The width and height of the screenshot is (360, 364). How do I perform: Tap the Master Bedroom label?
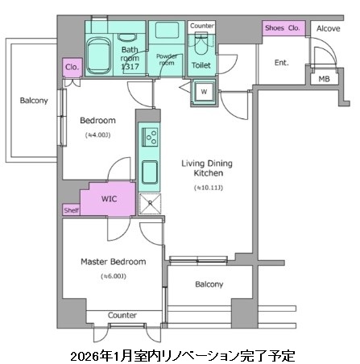112,263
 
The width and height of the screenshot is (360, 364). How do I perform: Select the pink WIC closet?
110,199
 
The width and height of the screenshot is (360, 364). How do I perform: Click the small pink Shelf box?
71,210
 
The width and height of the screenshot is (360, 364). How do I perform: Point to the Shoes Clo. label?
283,28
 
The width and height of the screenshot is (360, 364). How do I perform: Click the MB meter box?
324,78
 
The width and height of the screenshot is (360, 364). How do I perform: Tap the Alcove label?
327,28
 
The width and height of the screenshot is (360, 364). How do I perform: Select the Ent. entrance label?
282,63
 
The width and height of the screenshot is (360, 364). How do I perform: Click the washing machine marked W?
204,92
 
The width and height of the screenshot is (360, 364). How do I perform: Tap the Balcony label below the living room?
209,284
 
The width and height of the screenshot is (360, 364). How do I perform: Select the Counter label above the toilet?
201,26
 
